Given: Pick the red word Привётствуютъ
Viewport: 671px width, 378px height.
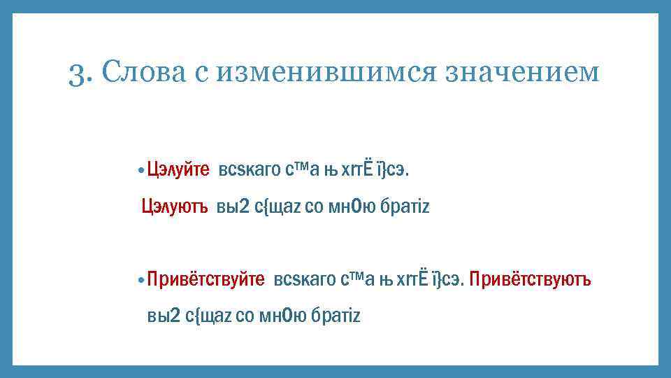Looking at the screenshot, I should pos(531,280).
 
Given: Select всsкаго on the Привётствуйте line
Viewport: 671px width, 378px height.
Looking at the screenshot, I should pos(305,280).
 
